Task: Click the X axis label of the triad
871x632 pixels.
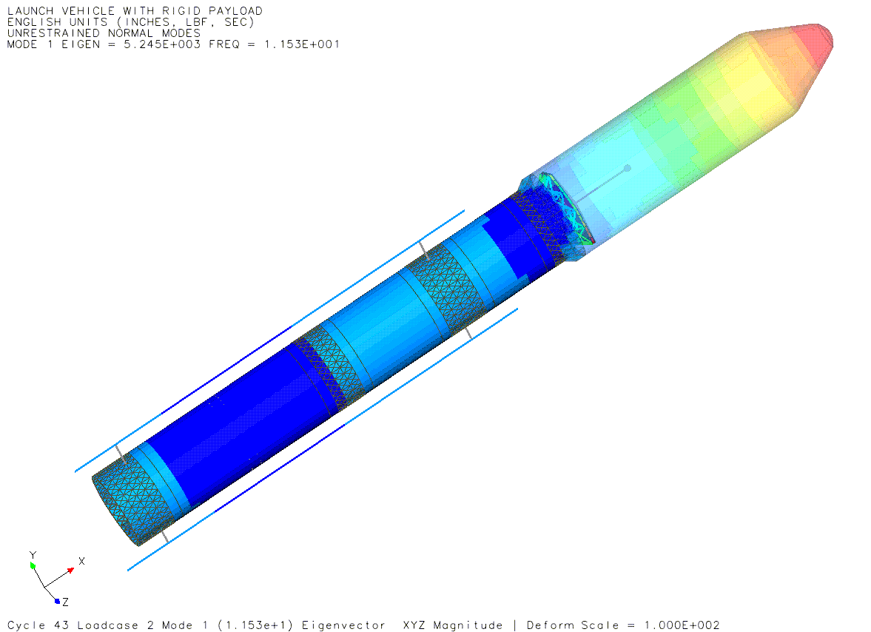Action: (x=81, y=562)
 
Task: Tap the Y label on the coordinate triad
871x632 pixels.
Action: (x=33, y=555)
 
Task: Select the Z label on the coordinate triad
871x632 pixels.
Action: (x=66, y=602)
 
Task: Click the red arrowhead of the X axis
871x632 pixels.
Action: (x=70, y=570)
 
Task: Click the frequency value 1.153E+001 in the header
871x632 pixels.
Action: (x=302, y=44)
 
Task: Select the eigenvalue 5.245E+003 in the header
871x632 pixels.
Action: (x=162, y=44)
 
